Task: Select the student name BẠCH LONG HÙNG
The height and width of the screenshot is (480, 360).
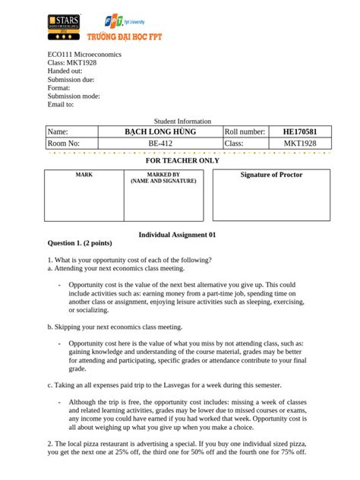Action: pyautogui.click(x=160, y=132)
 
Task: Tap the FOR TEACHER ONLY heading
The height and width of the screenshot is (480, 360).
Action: pyautogui.click(x=182, y=161)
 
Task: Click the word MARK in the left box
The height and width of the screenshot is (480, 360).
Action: pyautogui.click(x=84, y=175)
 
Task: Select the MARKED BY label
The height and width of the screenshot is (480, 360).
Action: pyautogui.click(x=163, y=175)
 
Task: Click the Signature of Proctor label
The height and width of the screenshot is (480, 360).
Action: pyautogui.click(x=271, y=175)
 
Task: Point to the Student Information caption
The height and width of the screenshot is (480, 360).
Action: pyautogui.click(x=182, y=122)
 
